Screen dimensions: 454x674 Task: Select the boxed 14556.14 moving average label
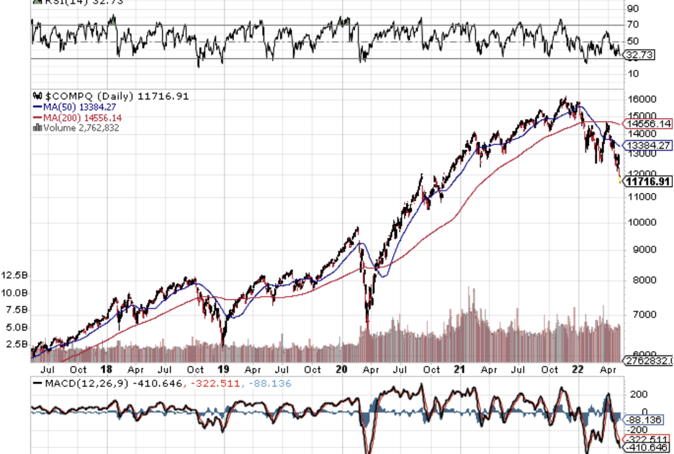(650, 124)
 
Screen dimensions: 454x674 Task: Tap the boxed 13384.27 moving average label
(650, 145)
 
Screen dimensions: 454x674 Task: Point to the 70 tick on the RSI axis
(633, 25)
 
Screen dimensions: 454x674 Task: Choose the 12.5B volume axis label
(15, 276)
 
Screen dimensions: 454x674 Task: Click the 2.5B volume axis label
(17, 344)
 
